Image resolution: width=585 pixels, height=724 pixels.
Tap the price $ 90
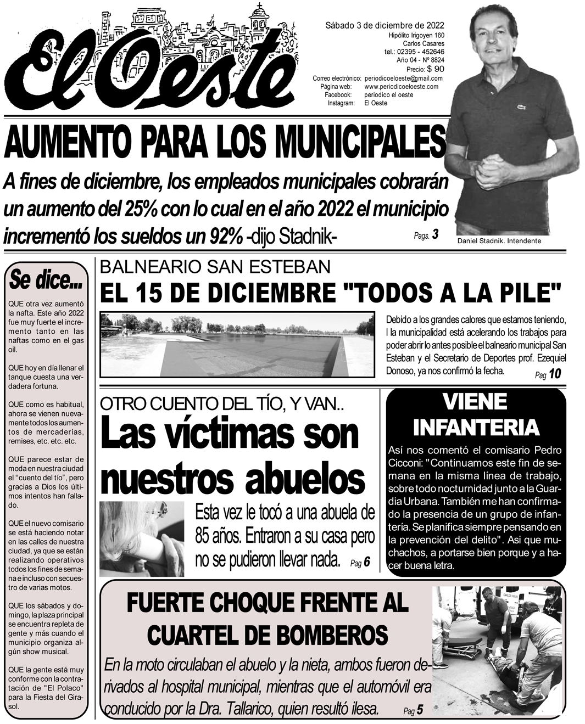click(x=435, y=69)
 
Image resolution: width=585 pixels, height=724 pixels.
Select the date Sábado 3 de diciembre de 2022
click(x=385, y=25)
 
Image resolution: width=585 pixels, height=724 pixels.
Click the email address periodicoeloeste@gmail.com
click(x=403, y=78)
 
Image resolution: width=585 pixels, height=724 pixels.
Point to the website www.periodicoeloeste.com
click(x=401, y=86)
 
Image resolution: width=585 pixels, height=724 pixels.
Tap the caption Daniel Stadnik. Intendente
click(x=499, y=241)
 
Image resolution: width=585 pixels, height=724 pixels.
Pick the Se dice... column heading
click(x=46, y=280)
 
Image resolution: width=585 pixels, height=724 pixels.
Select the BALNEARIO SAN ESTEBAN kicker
click(x=215, y=267)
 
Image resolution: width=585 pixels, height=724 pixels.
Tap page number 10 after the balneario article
click(x=554, y=374)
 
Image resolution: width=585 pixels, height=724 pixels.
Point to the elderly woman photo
click(x=142, y=538)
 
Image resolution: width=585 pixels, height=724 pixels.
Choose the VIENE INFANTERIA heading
click(x=476, y=414)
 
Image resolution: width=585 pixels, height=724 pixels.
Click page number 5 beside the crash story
click(x=420, y=710)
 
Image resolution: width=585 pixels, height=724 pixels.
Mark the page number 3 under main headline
click(x=434, y=235)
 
